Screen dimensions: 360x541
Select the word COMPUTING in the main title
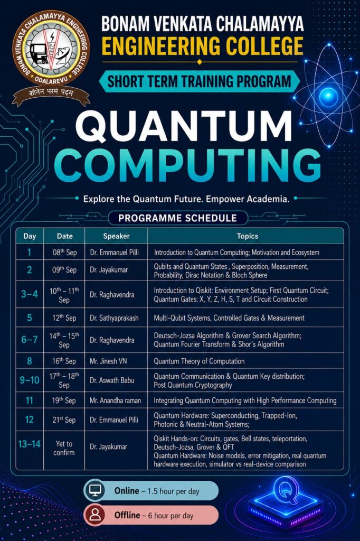(x=188, y=165)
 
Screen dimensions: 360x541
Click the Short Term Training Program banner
(x=200, y=81)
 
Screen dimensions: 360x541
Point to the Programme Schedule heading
(x=177, y=218)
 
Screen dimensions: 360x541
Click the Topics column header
(x=247, y=236)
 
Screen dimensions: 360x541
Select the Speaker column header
(x=116, y=236)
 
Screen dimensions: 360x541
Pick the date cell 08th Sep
(x=64, y=252)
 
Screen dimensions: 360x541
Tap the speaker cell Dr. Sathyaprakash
(x=114, y=318)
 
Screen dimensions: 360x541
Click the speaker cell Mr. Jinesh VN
(x=108, y=361)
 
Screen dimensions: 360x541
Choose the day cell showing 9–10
(x=30, y=380)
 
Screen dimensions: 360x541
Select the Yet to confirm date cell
(x=64, y=448)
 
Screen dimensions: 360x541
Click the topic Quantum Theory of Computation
(x=199, y=361)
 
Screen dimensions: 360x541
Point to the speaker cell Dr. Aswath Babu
(x=112, y=380)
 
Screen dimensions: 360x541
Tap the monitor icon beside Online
(x=94, y=490)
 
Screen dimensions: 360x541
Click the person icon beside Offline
(x=94, y=515)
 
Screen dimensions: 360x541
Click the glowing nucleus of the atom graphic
(x=328, y=96)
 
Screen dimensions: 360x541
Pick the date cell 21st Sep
(x=64, y=419)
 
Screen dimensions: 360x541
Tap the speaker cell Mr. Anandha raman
(x=115, y=400)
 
